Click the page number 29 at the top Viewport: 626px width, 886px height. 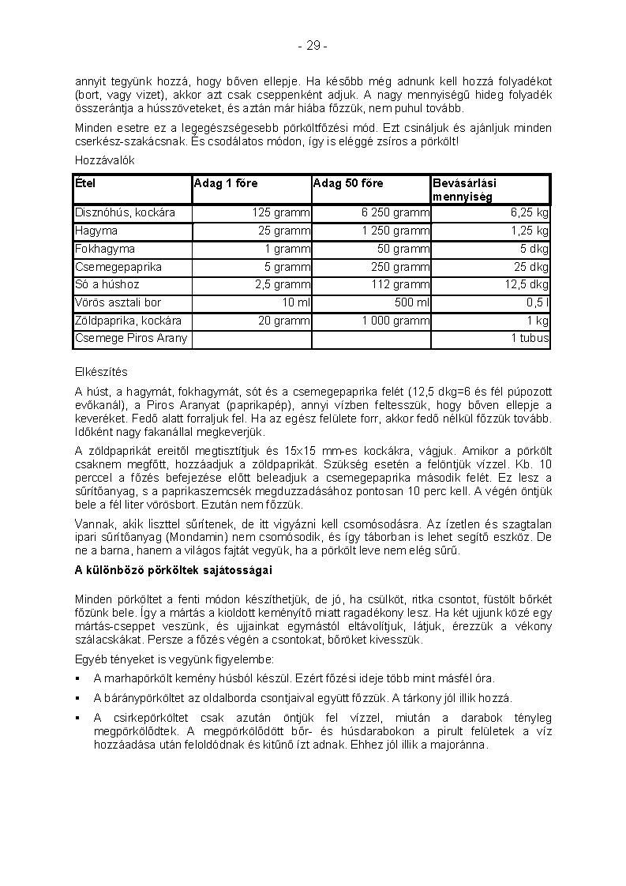[x=313, y=46]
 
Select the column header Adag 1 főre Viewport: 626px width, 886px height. [x=225, y=183]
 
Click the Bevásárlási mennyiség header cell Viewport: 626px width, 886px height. [x=464, y=190]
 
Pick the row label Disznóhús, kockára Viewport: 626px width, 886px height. [x=125, y=213]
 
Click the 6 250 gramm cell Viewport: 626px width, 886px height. [x=395, y=213]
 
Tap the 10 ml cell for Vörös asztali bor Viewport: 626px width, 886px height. [x=296, y=302]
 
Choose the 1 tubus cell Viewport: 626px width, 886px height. [x=530, y=339]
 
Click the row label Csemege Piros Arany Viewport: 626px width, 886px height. [x=131, y=339]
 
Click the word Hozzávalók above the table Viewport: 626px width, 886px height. [x=105, y=160]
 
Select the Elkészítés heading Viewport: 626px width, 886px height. [x=101, y=372]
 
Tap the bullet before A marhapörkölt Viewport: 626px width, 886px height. [x=78, y=678]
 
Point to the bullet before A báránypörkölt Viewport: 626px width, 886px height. [x=78, y=698]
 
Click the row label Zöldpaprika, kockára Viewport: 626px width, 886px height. [x=128, y=321]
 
